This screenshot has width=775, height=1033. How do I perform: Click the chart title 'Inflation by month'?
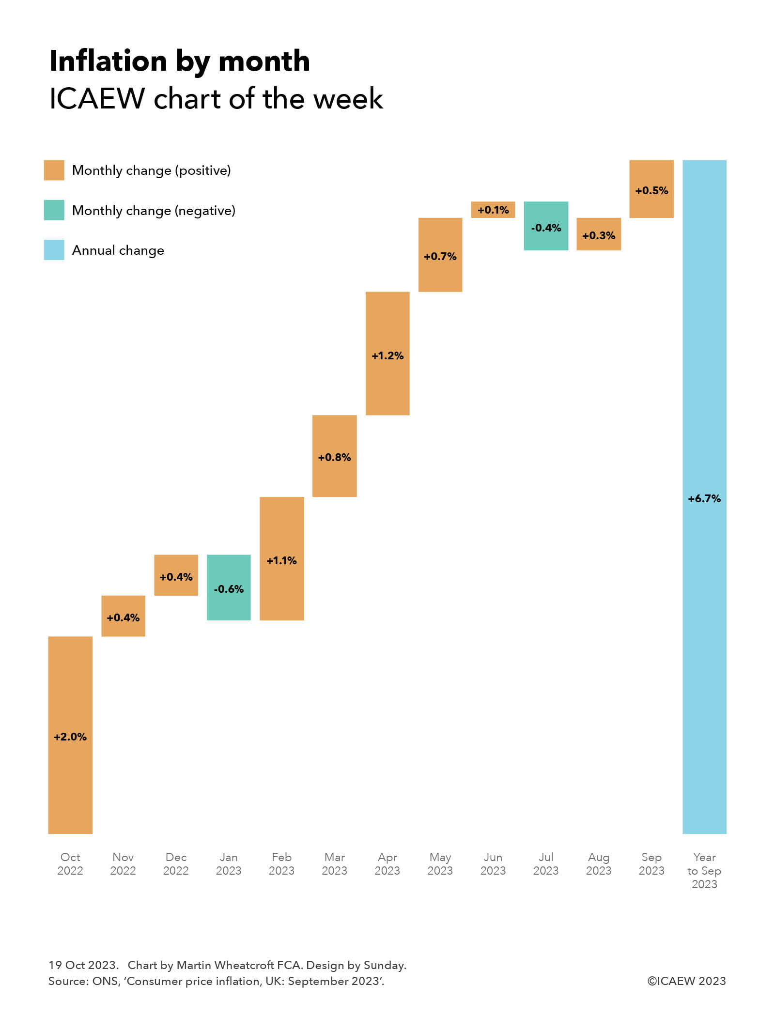pyautogui.click(x=180, y=61)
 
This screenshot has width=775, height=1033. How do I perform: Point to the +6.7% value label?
pyautogui.click(x=704, y=498)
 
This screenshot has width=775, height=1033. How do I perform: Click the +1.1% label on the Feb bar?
pyautogui.click(x=281, y=560)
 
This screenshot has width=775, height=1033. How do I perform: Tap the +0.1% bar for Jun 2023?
pyautogui.click(x=493, y=210)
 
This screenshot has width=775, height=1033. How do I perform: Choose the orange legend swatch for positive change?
pyautogui.click(x=54, y=170)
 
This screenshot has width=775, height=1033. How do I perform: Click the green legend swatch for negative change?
pyautogui.click(x=54, y=210)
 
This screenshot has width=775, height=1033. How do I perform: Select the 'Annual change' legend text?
pyautogui.click(x=118, y=250)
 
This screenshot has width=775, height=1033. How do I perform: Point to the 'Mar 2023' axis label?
pyautogui.click(x=334, y=864)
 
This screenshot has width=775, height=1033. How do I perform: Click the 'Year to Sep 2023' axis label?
pyautogui.click(x=704, y=870)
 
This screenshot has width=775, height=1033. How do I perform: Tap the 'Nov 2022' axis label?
pyautogui.click(x=123, y=864)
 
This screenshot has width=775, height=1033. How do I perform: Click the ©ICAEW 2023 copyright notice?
pyautogui.click(x=686, y=981)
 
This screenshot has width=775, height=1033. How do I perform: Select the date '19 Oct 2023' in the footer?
pyautogui.click(x=83, y=965)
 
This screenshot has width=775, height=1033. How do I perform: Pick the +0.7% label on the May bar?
pyautogui.click(x=440, y=256)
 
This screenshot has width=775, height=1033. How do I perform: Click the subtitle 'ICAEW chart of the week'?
pyautogui.click(x=216, y=99)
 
